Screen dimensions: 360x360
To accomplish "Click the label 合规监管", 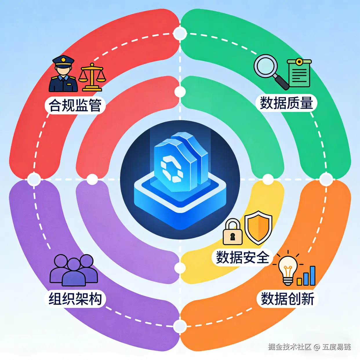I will (75, 105).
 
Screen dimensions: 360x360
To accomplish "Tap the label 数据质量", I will (286, 103).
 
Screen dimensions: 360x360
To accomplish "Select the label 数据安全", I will (242, 257).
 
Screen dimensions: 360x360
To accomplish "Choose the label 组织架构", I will (75, 299).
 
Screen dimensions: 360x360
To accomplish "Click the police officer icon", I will (63, 74).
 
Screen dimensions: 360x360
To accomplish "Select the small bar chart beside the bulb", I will (306, 277).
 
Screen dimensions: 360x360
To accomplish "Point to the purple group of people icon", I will (74, 270).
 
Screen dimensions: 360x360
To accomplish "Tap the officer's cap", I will (63, 61).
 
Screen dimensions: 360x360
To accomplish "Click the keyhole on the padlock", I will (232, 237).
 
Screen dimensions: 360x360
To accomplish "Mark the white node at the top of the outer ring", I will (180, 34).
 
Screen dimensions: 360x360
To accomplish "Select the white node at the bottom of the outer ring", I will (180, 326).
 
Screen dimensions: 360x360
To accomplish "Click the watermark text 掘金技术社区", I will (290, 347).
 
